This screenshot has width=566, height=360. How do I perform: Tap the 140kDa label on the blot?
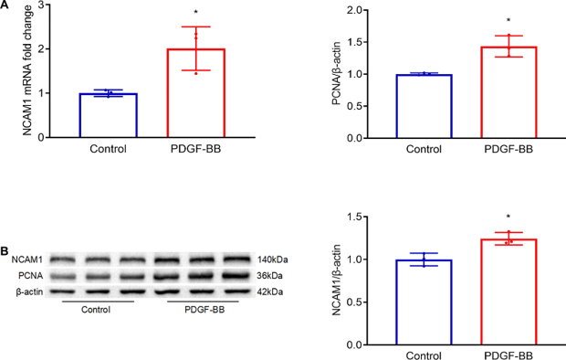click(x=274, y=259)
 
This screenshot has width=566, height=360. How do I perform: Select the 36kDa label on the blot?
click(x=272, y=275)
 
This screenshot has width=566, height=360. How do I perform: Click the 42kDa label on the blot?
click(x=272, y=291)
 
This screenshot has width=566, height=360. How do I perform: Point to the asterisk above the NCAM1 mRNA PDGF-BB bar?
click(x=196, y=14)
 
